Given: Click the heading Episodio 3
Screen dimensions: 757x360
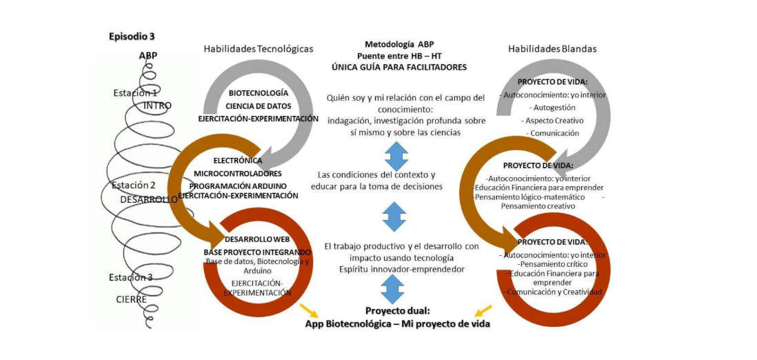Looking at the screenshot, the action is (x=132, y=37).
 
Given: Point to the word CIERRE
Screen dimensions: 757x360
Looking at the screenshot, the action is (x=131, y=299).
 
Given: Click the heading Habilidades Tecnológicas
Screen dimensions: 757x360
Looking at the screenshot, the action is (x=259, y=49).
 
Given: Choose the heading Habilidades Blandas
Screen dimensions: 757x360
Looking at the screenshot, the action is (x=552, y=49).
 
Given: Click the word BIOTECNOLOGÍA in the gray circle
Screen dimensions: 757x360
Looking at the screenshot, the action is (x=259, y=93).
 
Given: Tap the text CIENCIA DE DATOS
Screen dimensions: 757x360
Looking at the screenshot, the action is (x=259, y=106).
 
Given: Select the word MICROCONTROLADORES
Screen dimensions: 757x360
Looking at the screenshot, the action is (x=238, y=173).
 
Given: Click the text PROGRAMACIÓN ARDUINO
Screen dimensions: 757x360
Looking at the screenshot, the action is (x=238, y=186).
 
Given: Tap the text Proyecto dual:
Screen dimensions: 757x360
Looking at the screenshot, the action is (x=398, y=310).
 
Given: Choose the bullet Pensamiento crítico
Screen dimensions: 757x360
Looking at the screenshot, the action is (x=552, y=264).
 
